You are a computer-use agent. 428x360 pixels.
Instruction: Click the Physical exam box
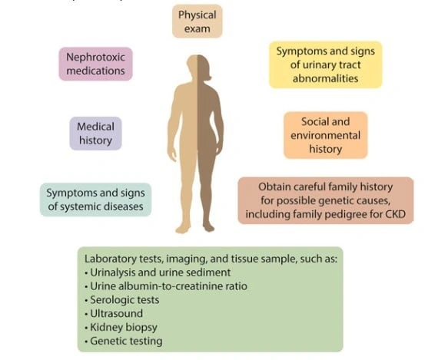click(x=197, y=21)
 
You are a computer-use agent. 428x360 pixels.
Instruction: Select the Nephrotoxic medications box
click(x=95, y=64)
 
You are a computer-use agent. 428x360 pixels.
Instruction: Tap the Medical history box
click(x=95, y=134)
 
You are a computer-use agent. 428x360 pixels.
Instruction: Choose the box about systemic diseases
click(x=95, y=200)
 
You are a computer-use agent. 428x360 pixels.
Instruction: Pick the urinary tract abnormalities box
click(x=326, y=64)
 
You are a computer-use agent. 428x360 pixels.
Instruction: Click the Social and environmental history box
click(x=326, y=135)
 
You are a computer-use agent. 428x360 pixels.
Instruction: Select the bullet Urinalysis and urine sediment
click(x=158, y=272)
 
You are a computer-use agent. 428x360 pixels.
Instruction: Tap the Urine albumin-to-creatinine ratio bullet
click(x=166, y=286)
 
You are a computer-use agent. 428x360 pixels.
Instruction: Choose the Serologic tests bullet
click(x=122, y=299)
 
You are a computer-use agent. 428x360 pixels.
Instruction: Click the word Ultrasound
click(x=117, y=313)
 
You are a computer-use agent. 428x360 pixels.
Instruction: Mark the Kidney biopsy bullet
click(x=121, y=327)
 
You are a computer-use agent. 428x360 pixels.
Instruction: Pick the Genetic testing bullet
click(x=124, y=341)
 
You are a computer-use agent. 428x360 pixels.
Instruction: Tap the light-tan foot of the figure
click(x=183, y=228)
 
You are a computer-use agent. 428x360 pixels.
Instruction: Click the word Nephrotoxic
click(x=95, y=57)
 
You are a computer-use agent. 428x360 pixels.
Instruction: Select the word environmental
click(x=325, y=135)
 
